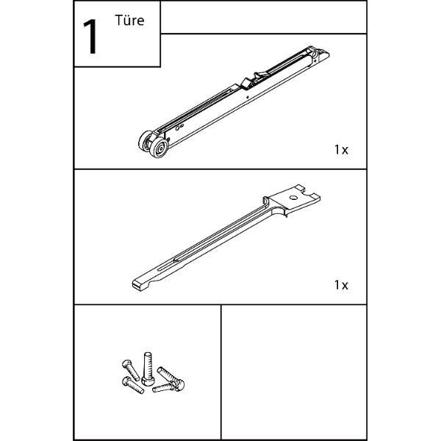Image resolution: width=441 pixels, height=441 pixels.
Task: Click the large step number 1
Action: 90,37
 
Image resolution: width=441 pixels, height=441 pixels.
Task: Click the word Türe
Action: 129,21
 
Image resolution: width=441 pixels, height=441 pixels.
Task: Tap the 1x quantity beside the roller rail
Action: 341,150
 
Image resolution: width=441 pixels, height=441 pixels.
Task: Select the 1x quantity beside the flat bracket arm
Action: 341,285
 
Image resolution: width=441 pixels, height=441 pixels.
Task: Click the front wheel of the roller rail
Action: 159,147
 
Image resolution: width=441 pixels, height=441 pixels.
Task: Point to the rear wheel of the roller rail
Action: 146,140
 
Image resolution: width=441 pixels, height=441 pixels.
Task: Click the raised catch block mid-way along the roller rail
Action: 246,83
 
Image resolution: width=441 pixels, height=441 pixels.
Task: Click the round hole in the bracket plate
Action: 293,198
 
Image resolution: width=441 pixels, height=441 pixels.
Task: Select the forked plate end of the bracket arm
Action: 293,200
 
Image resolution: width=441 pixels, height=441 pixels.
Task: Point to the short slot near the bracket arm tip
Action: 166,268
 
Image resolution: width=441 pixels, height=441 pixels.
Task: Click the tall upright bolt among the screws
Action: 148,369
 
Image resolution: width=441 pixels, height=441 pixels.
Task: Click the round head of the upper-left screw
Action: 127,365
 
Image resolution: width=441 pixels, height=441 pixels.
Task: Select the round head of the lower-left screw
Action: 126,381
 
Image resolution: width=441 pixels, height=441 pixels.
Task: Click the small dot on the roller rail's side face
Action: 248,98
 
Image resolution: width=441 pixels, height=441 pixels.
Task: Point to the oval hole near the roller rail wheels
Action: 178,128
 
